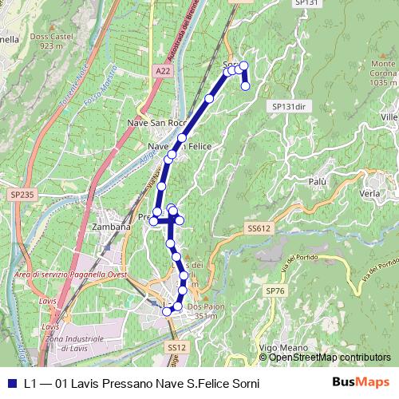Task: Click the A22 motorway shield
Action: pos(163,71)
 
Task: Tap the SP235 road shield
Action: pos(23,194)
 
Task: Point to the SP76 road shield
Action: pos(275,291)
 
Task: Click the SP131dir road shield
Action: pos(289,106)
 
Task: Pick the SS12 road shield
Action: pos(176,348)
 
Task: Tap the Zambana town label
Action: pos(111,227)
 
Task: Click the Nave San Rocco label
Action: pos(156,123)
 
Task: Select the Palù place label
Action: pos(318,182)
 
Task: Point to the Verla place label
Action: pos(369,194)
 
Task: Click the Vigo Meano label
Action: pos(279,348)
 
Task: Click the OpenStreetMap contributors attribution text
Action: pos(330,358)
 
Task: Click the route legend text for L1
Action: pos(141,384)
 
